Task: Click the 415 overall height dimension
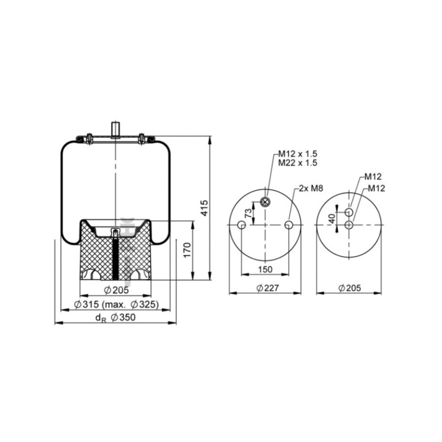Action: (x=204, y=208)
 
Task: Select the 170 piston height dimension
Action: (x=187, y=250)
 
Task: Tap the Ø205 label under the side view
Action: (x=116, y=290)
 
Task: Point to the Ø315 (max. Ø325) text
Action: (x=117, y=304)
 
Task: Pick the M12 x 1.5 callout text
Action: (x=298, y=154)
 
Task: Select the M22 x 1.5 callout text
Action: (x=298, y=162)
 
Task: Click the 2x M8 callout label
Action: (x=311, y=188)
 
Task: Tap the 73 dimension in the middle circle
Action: (x=248, y=213)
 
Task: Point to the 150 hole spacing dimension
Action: (x=265, y=270)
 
